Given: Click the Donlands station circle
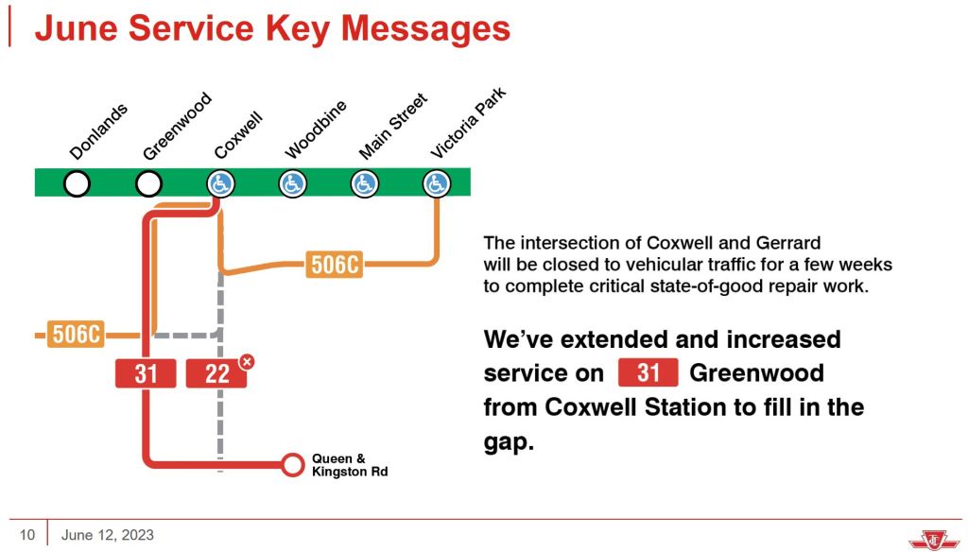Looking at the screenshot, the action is pos(78,183).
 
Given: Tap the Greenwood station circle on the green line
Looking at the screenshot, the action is pos(148,183).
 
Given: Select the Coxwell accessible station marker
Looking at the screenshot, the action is pos(220,183).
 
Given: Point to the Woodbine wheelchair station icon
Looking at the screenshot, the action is pos(293,183).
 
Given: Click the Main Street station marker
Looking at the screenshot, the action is pos(364,183).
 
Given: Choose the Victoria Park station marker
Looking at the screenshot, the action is pos(437,183).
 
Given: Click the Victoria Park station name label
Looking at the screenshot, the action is pos(468,123).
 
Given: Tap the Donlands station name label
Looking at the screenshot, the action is pos(98,131).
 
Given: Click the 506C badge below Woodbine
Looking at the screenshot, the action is pos(334,265).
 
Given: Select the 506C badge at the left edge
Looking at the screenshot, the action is pos(76,334).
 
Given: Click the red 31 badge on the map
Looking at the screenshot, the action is pos(146,373).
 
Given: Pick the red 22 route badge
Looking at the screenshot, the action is pos(216,373).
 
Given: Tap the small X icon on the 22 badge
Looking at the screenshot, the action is pos(247,362).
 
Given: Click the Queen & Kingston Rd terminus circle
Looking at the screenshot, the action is pos(293,464).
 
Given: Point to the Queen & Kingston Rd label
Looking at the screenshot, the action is pos(350,465).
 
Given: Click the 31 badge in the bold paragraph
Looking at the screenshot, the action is pos(648,373).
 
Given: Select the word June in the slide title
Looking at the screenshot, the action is pos(76,28).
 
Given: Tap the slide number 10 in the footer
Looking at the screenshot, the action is pos(27,535).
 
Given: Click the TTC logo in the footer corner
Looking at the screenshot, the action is pos(934,539).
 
